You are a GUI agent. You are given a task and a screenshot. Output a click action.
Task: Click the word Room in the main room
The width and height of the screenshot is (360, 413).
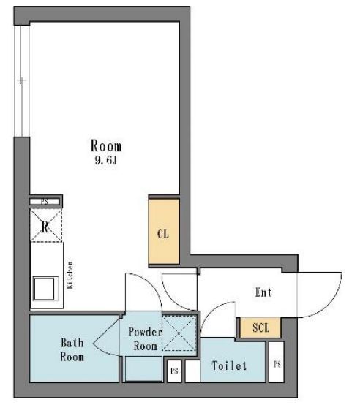click(106, 145)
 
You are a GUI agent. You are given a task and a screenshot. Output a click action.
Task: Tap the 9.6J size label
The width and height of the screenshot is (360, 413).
click(105, 160)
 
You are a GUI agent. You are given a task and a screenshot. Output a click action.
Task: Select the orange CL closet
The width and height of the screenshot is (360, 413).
click(164, 231)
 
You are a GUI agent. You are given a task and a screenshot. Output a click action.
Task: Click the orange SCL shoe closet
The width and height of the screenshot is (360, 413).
click(260, 327)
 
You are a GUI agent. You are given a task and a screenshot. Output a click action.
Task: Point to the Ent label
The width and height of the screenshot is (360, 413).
click(263, 292)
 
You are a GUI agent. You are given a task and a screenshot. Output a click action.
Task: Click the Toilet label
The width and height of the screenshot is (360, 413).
click(229, 365)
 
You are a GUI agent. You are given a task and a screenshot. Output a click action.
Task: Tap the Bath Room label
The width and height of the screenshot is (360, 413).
click(72, 349)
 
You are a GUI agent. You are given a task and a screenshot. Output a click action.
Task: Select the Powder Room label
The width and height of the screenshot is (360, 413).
click(145, 338)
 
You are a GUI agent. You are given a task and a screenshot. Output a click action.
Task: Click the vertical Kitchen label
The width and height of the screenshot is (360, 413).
click(70, 275)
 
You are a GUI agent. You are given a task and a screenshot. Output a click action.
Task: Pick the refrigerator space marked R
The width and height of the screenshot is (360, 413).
click(46, 225)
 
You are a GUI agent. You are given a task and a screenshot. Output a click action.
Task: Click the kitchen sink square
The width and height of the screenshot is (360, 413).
click(45, 289)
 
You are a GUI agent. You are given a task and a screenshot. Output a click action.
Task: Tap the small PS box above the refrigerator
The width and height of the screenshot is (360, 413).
click(45, 202)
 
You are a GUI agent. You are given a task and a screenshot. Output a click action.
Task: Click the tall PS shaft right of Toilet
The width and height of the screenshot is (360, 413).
click(277, 362)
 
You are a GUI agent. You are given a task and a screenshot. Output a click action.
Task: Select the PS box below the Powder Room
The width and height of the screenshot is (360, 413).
click(174, 371)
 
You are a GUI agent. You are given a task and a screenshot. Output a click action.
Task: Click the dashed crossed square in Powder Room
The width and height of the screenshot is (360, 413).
click(179, 334)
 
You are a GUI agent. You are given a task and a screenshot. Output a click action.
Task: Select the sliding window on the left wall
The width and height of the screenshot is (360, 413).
click(22, 80)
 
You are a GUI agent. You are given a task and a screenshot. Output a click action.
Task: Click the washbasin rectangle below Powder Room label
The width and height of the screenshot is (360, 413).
click(143, 368)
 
